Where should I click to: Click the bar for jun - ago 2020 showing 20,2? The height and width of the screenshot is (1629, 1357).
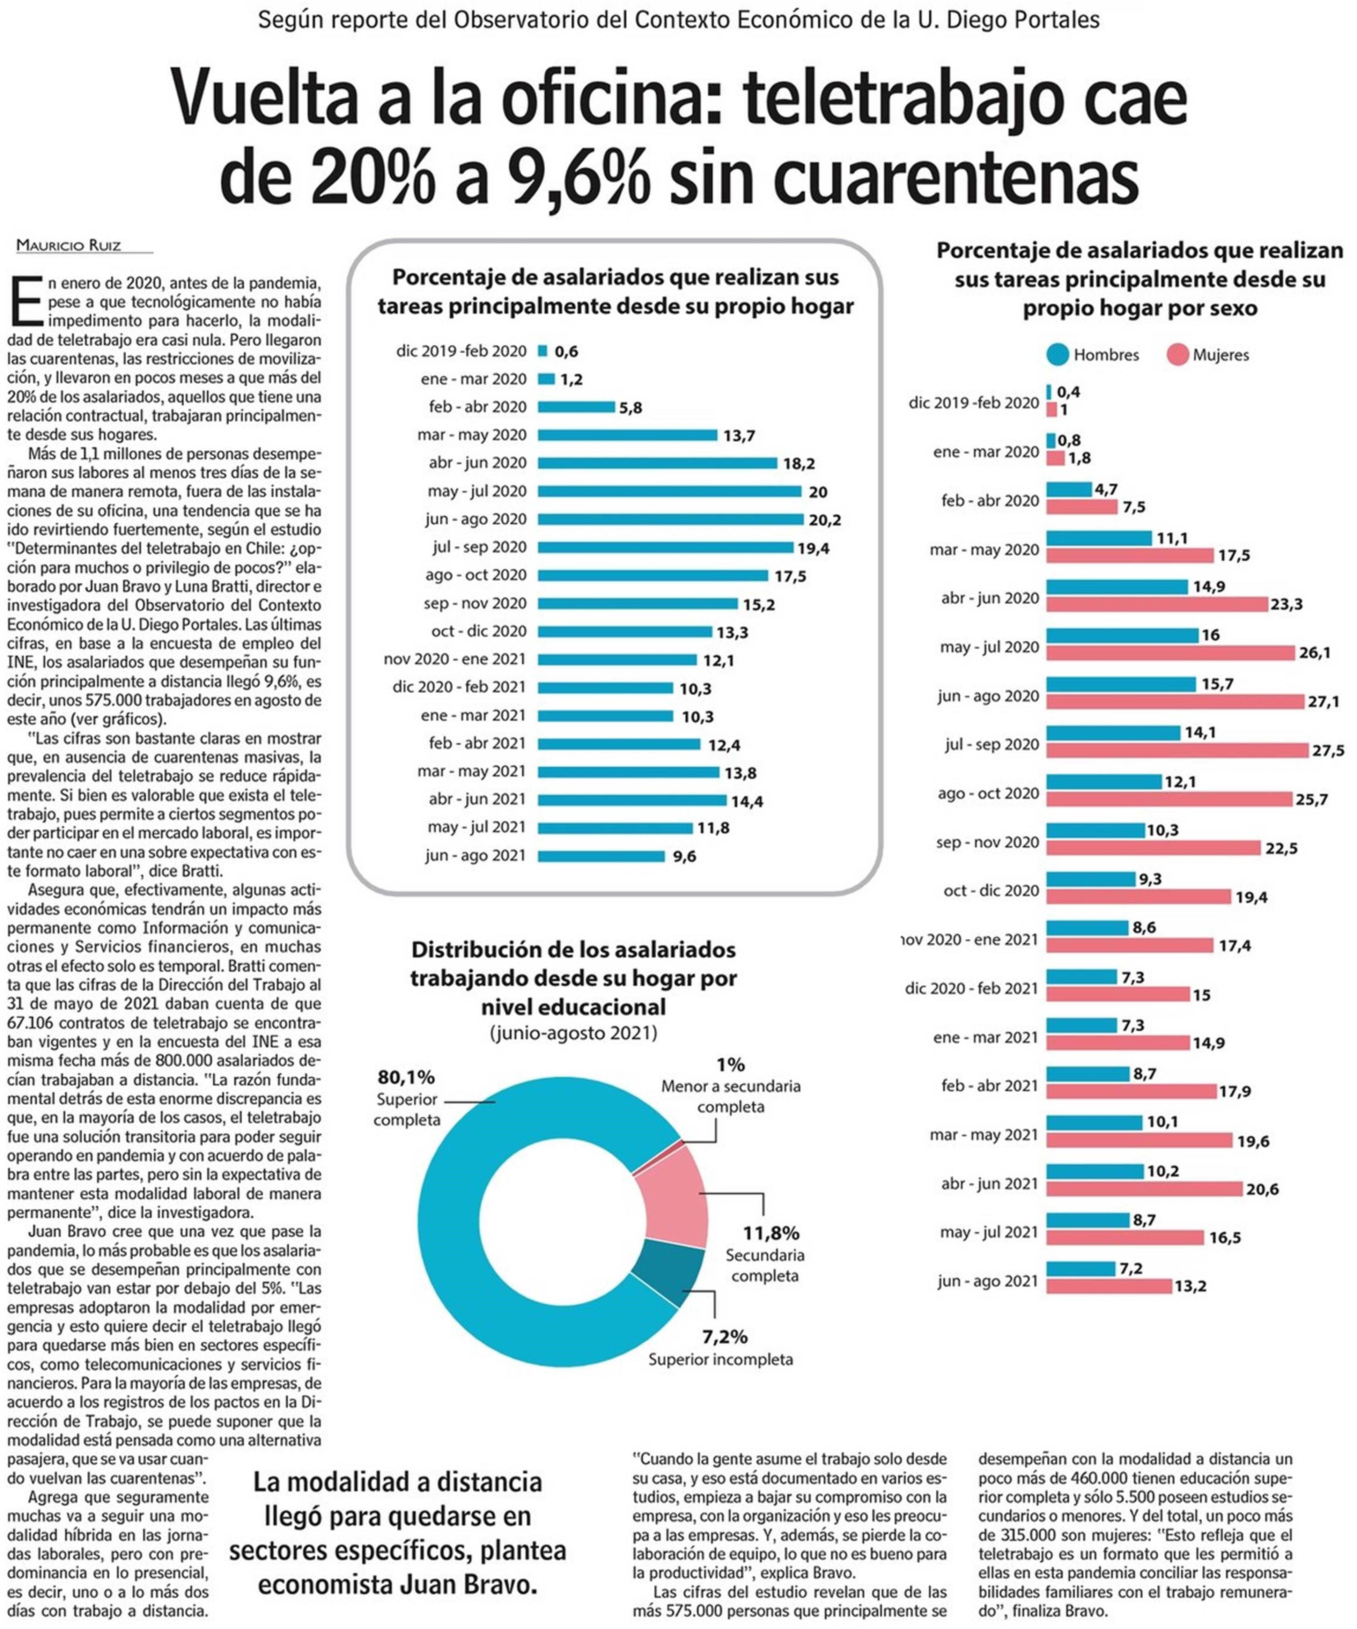[x=670, y=519]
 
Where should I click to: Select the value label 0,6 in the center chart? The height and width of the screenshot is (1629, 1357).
[x=566, y=352]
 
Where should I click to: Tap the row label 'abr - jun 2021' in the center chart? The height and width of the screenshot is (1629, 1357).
[x=477, y=799]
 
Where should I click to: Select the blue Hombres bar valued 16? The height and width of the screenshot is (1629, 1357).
[x=1122, y=635]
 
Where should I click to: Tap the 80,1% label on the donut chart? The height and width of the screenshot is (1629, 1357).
[x=406, y=1077]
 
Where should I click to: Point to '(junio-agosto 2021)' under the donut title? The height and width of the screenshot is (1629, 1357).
[x=573, y=1033]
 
